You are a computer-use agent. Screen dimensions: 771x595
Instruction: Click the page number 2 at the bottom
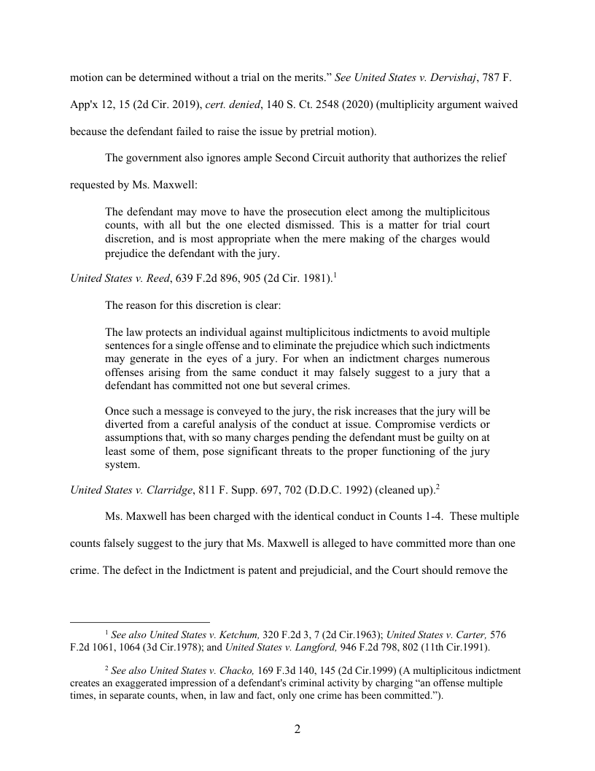click(x=297, y=729)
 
